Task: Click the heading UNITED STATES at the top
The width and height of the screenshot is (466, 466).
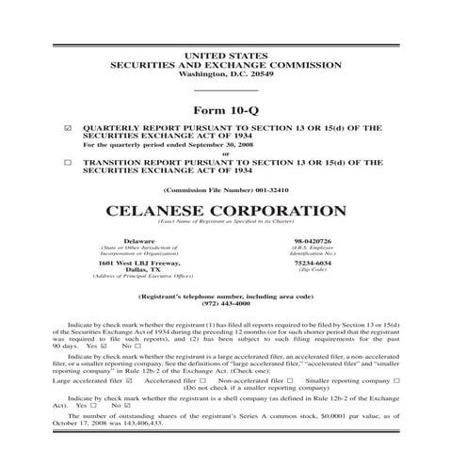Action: point(233,56)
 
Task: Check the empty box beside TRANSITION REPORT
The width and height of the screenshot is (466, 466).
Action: point(67,162)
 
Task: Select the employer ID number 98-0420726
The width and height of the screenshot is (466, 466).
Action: point(313,241)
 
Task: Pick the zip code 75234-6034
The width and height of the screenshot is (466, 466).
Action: point(313,263)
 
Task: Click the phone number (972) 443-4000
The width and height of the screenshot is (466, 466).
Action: point(233,304)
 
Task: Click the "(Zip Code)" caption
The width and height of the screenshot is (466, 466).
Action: point(313,270)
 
